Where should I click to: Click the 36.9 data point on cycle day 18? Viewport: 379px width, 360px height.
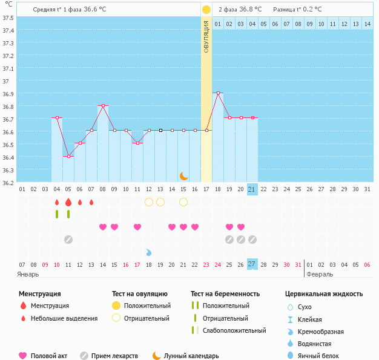(218, 93)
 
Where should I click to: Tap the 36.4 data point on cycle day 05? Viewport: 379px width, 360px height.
(68, 156)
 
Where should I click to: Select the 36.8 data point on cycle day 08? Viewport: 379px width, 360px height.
(103, 105)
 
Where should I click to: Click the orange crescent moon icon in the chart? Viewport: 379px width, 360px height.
(183, 175)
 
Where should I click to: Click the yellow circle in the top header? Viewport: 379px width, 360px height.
(206, 10)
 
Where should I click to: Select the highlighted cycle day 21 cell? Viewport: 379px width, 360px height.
(252, 189)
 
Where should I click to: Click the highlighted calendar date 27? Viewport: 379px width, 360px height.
(252, 264)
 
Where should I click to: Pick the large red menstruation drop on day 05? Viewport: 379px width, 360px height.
(68, 202)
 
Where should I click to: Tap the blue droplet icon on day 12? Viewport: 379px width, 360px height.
(149, 252)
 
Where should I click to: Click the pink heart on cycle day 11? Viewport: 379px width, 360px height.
(137, 227)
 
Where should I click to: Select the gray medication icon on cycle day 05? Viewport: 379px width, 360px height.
(68, 240)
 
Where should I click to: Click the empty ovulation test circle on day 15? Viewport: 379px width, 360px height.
(183, 202)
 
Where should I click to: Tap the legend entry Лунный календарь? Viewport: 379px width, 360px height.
(191, 356)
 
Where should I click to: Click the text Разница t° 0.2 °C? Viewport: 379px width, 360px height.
(297, 9)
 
